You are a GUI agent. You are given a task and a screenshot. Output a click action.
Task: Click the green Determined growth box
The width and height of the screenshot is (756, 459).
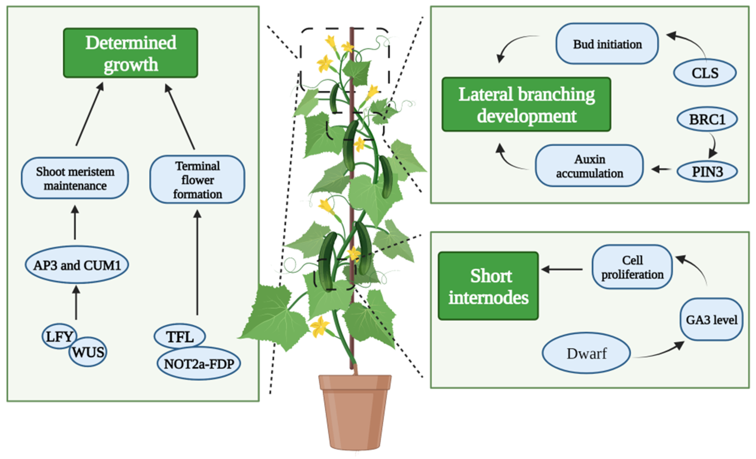[130, 53]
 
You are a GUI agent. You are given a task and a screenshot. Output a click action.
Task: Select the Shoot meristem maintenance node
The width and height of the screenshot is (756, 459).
[75, 178]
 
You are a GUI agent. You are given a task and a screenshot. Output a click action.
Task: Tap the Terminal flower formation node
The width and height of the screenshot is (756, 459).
[197, 179]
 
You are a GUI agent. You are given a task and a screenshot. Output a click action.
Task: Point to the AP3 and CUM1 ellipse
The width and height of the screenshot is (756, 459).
[77, 265]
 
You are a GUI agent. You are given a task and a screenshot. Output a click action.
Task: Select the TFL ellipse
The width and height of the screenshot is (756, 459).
[180, 336]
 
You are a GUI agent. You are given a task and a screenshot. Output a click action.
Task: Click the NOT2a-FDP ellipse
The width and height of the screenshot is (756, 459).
[199, 363]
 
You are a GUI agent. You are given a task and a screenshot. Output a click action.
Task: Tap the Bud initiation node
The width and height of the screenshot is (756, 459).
[607, 43]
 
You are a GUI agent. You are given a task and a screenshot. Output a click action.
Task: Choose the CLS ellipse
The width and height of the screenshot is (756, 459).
[705, 73]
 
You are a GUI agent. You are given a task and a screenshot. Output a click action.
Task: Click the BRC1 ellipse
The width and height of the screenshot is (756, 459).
[707, 119]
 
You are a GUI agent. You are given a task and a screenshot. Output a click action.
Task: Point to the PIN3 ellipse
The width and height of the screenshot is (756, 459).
[707, 172]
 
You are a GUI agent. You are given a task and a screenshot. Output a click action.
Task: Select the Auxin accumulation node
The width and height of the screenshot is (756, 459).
[589, 166]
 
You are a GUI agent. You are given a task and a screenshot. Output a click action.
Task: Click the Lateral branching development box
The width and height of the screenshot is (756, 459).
[526, 104]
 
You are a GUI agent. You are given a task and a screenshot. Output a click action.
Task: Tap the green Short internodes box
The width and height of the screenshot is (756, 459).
[488, 286]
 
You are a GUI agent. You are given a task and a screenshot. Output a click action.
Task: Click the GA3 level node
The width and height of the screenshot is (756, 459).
[711, 320]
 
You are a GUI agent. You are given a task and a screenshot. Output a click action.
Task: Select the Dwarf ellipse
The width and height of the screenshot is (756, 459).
[586, 353]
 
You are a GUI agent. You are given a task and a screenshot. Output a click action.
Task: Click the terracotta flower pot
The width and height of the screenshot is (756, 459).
[355, 412]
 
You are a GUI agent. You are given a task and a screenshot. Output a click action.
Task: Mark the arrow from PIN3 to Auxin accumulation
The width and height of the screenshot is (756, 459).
[661, 169]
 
